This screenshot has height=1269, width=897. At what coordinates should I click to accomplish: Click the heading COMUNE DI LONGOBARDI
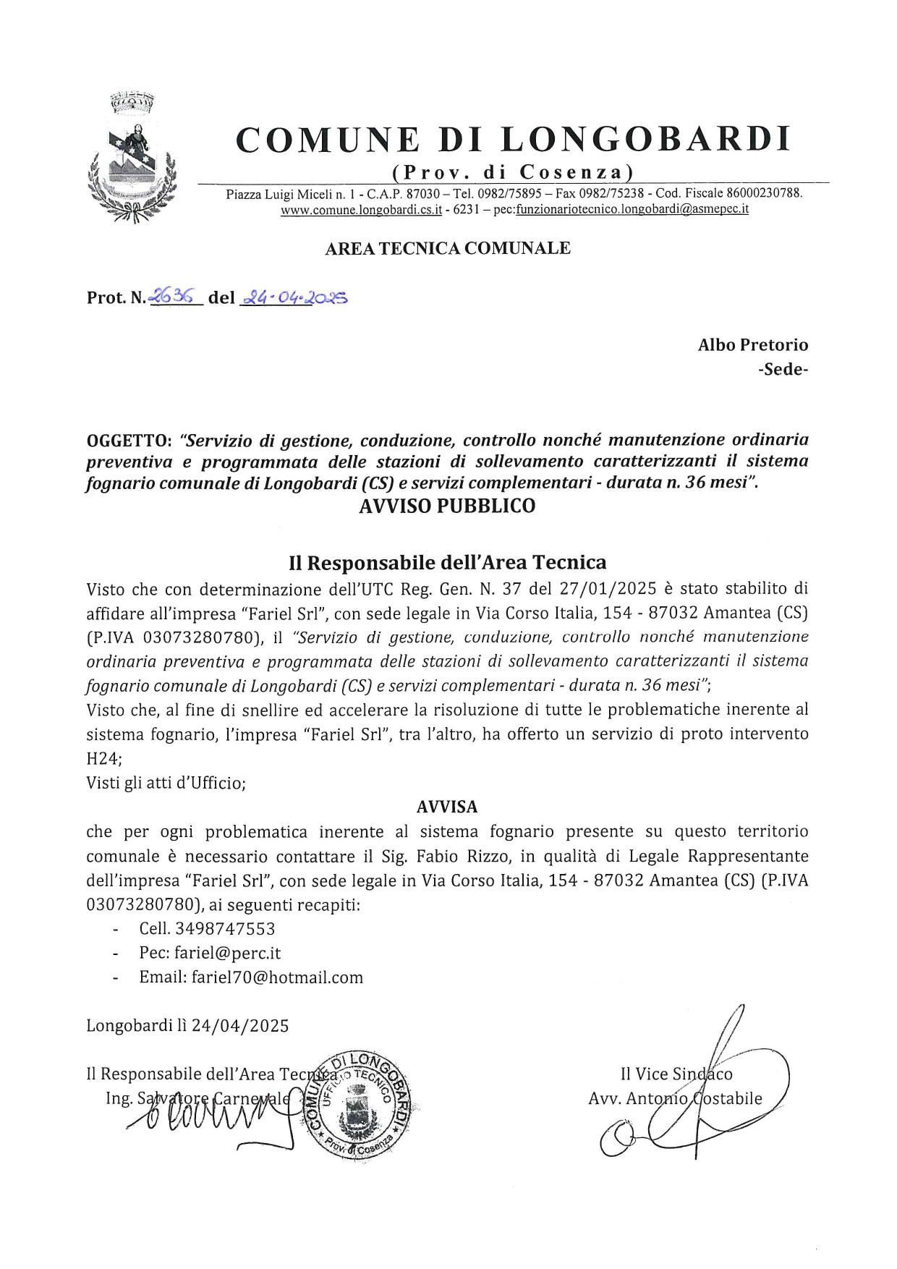[x=513, y=140]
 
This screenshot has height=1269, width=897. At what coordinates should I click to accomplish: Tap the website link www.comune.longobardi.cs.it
[x=361, y=210]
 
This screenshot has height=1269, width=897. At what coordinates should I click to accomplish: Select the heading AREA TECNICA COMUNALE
[x=448, y=248]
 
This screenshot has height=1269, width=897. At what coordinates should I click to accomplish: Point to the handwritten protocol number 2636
[x=174, y=296]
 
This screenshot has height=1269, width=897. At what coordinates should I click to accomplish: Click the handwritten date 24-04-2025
[x=294, y=297]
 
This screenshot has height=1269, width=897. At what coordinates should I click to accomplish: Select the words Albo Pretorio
[x=752, y=345]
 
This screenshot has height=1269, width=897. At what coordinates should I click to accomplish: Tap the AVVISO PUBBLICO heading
[x=447, y=506]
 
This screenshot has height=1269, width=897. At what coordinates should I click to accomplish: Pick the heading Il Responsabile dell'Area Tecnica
[x=447, y=562]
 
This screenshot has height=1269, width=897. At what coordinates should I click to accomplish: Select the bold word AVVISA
[x=447, y=807]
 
